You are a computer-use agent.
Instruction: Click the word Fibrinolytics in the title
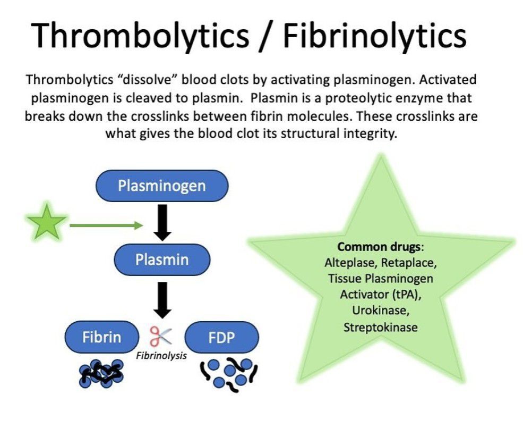(x=374, y=36)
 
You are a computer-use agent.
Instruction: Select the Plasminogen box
(x=161, y=186)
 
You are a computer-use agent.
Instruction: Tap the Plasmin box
(x=161, y=259)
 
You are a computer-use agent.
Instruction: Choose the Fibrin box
(x=101, y=337)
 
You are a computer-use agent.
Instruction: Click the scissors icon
(x=161, y=336)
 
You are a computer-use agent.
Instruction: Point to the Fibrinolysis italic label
(x=161, y=356)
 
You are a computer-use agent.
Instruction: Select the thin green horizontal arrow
(x=106, y=225)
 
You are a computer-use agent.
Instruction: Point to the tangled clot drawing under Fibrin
(x=101, y=374)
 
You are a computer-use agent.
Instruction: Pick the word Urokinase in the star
(x=380, y=310)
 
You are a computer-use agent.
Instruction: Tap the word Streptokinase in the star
(x=380, y=326)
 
